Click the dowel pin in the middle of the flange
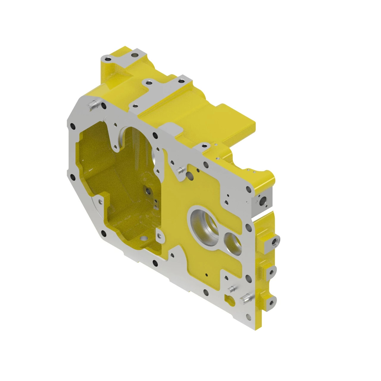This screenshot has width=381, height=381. point(180,170)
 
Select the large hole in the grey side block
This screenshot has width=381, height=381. point(263,202)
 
